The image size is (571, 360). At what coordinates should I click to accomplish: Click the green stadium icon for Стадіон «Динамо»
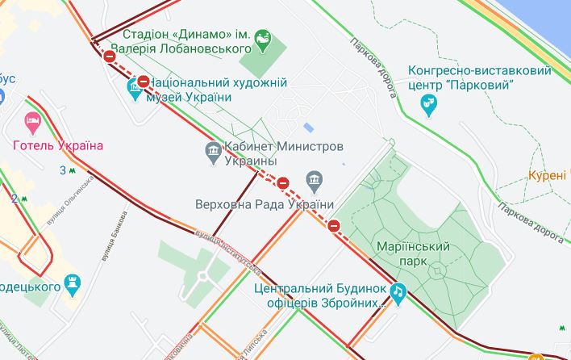point(263,40)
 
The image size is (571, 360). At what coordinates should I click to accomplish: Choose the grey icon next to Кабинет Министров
point(214,152)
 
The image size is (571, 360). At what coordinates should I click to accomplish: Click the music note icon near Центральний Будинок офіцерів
point(397,293)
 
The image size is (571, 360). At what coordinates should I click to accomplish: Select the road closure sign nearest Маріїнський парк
point(334,225)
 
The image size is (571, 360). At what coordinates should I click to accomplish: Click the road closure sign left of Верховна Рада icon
point(283,182)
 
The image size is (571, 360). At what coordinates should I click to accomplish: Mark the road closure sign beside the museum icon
point(144,81)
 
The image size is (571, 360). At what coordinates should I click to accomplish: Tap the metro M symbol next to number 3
point(73,170)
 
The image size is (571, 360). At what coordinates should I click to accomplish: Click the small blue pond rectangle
point(309,128)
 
